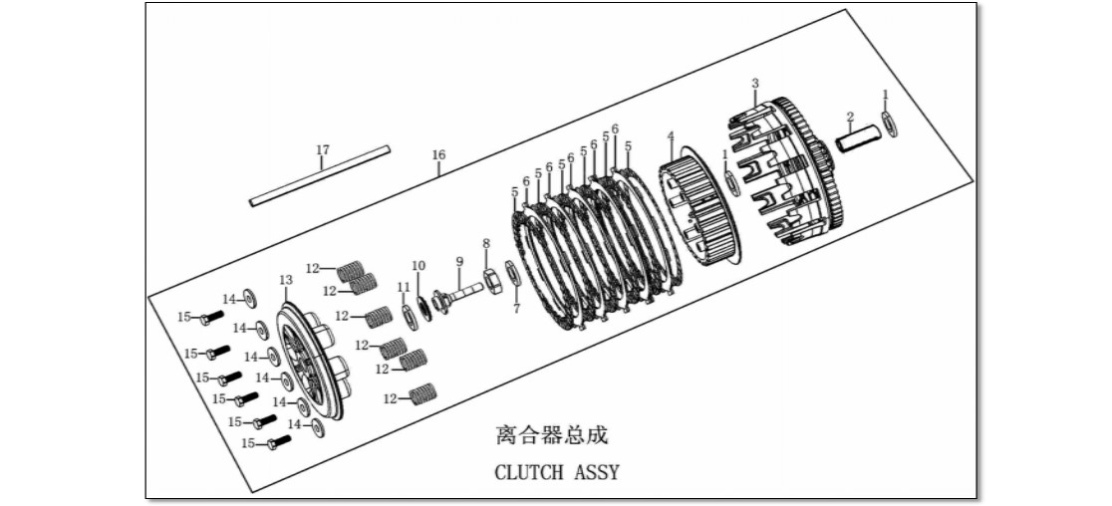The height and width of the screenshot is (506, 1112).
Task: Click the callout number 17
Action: point(323,150)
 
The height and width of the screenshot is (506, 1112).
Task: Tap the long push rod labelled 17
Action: point(320,176)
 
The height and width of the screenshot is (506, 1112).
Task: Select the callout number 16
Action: point(438,155)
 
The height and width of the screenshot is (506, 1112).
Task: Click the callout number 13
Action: point(286,281)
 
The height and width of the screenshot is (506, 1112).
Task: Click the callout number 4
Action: point(671,134)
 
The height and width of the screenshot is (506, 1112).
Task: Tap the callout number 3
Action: point(755,84)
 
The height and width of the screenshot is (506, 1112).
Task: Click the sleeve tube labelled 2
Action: point(856,137)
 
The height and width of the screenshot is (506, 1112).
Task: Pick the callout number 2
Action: point(850,117)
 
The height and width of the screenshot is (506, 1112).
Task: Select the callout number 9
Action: point(459,262)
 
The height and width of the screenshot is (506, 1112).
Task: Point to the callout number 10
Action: point(418,266)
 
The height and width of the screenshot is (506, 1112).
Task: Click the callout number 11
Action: point(404,287)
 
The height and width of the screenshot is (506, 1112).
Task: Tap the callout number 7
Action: point(516,309)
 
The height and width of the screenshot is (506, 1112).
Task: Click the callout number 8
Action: point(486,244)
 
